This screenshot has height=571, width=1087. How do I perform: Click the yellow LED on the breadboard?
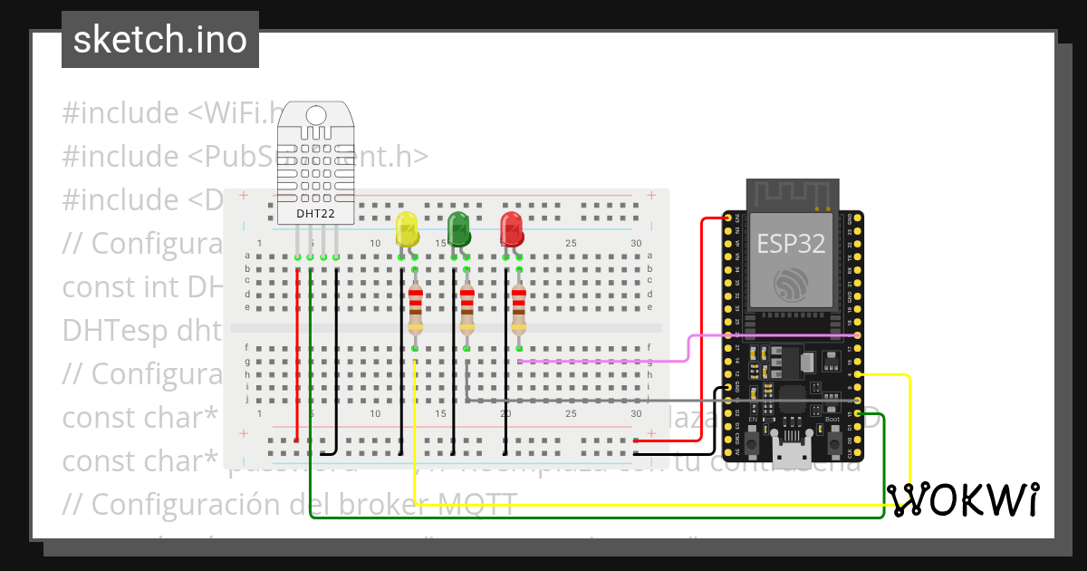[x=407, y=228]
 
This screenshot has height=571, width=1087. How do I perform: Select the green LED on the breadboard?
[x=459, y=228]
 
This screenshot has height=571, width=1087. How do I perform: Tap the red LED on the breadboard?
[x=512, y=228]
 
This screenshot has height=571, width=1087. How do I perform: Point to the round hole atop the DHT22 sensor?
[x=316, y=115]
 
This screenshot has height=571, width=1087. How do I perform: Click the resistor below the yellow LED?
[x=415, y=309]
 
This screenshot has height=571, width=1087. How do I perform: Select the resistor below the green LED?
[x=467, y=309]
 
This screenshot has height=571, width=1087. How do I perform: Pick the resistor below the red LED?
[x=518, y=309]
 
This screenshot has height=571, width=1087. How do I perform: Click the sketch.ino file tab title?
[x=160, y=40]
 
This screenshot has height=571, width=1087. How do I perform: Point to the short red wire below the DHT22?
[x=297, y=299]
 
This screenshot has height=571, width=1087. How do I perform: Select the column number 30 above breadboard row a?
[x=636, y=243]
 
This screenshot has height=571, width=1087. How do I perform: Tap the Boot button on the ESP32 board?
[x=832, y=444]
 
